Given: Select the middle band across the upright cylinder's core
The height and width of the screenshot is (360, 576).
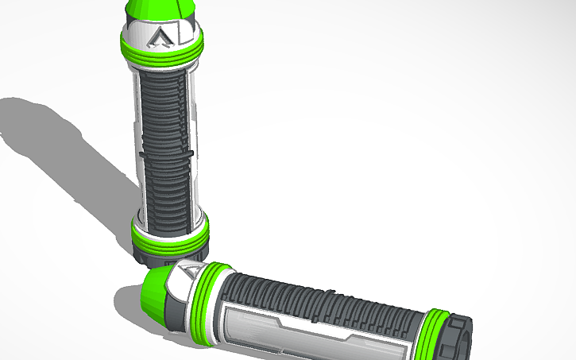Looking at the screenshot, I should [167, 150].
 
